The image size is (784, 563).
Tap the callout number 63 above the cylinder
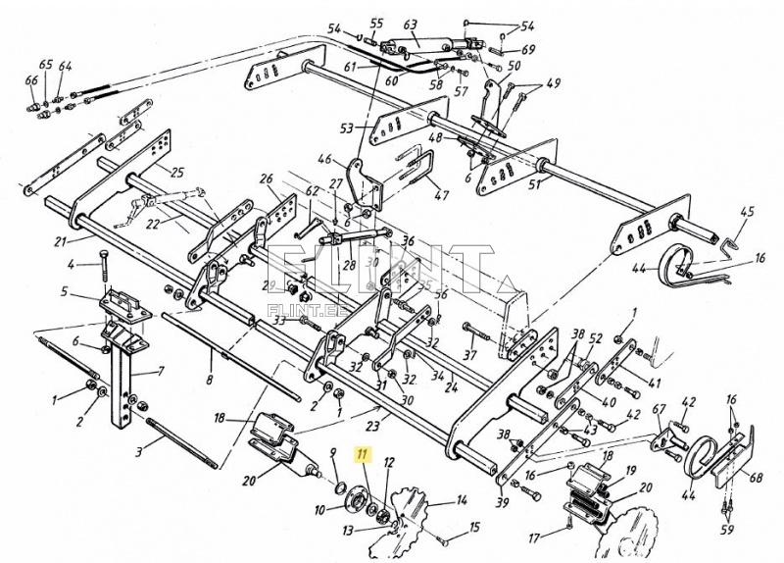(410, 26)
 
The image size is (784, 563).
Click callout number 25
(176, 174)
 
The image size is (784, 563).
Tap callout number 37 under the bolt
(469, 355)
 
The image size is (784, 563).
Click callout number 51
(534, 184)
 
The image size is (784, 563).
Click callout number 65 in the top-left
(46, 66)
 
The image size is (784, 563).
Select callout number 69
(528, 49)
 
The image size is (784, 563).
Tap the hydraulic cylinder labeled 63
(429, 45)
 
